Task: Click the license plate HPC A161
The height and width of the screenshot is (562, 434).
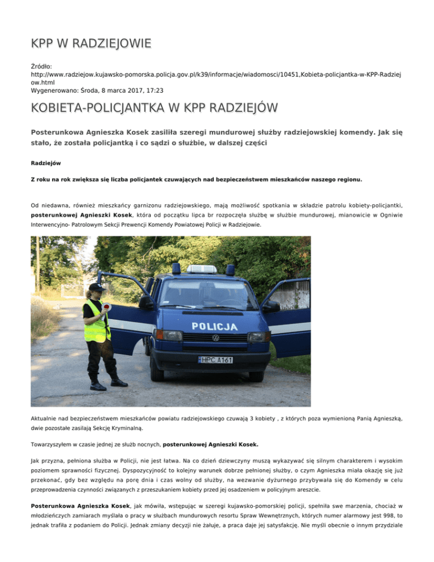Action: (215, 360)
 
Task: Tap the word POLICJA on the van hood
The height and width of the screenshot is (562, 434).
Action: (214, 326)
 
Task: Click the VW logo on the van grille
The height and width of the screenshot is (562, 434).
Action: (215, 338)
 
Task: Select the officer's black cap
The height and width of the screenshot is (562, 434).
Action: (97, 287)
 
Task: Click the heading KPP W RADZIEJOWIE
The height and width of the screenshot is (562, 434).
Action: (90, 43)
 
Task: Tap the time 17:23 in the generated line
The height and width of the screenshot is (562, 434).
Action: (141, 90)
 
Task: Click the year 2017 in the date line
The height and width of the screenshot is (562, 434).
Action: (120, 90)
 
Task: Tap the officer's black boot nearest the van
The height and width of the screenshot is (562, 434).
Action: (119, 382)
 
